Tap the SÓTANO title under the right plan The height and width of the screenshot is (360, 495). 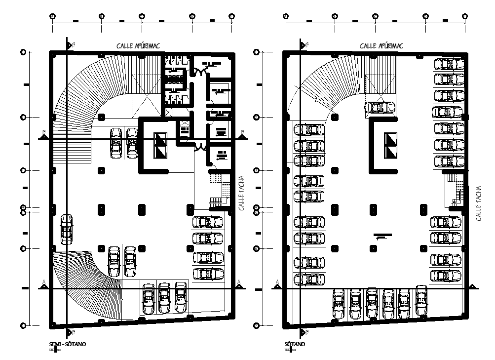pos(295,344)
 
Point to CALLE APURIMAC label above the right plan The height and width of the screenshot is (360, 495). pos(381,46)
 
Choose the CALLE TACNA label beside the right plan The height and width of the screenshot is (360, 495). pos(479,203)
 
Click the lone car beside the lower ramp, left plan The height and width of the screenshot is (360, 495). pos(67,229)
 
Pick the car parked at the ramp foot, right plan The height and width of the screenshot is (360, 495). pos(380,107)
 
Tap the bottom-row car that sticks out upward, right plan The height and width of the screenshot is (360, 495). pos(421,300)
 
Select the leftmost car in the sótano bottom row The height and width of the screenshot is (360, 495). pos(339,305)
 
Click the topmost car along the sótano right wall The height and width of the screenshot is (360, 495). pos(448,65)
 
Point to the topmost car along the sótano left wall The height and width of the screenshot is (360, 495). pos(309,130)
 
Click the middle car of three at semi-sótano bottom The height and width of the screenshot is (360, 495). pos(164,298)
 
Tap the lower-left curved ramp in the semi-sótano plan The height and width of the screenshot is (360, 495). pos(89,281)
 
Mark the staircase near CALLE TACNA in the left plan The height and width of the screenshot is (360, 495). pos(219,190)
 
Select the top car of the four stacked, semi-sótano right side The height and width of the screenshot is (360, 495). pos(208,222)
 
